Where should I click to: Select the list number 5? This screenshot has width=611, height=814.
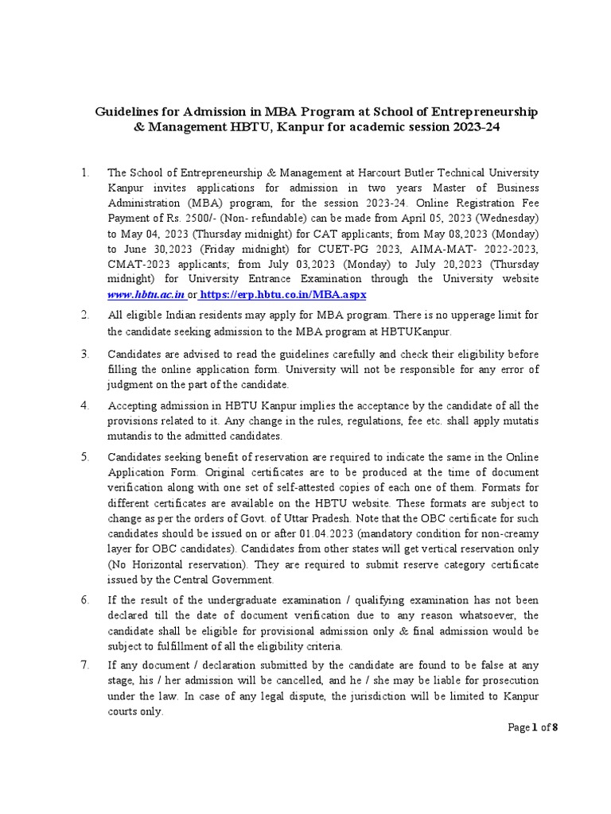click(85, 458)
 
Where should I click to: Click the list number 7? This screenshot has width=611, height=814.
click(85, 665)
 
